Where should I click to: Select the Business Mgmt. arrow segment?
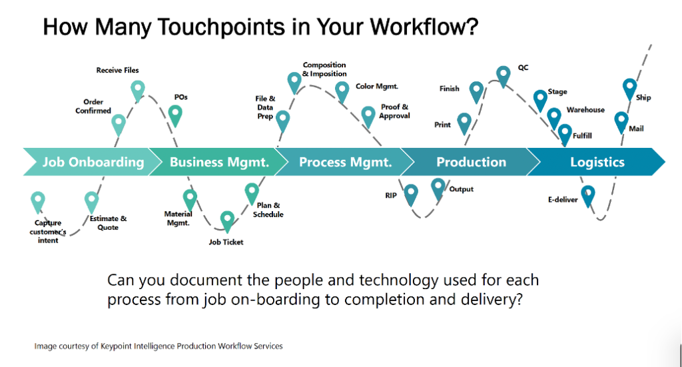pyautogui.click(x=218, y=162)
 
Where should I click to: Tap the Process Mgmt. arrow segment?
pyautogui.click(x=344, y=162)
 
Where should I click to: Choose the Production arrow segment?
pyautogui.click(x=470, y=162)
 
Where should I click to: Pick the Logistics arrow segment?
pyautogui.click(x=597, y=162)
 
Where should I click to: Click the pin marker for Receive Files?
pyautogui.click(x=138, y=91)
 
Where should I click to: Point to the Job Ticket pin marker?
pyautogui.click(x=227, y=221)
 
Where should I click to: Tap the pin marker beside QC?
pyautogui.click(x=504, y=76)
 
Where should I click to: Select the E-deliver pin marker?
pyautogui.click(x=588, y=195)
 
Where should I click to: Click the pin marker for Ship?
pyautogui.click(x=629, y=89)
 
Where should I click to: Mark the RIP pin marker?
pyautogui.click(x=411, y=194)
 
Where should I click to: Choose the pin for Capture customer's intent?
pyautogui.click(x=38, y=202)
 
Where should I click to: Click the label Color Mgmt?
pyautogui.click(x=377, y=87)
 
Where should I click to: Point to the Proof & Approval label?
pyautogui.click(x=394, y=111)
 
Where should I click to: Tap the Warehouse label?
pyautogui.click(x=585, y=110)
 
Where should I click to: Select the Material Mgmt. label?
pyautogui.click(x=178, y=218)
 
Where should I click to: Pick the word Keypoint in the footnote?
pyautogui.click(x=116, y=346)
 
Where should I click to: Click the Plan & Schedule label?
pyautogui.click(x=268, y=210)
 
